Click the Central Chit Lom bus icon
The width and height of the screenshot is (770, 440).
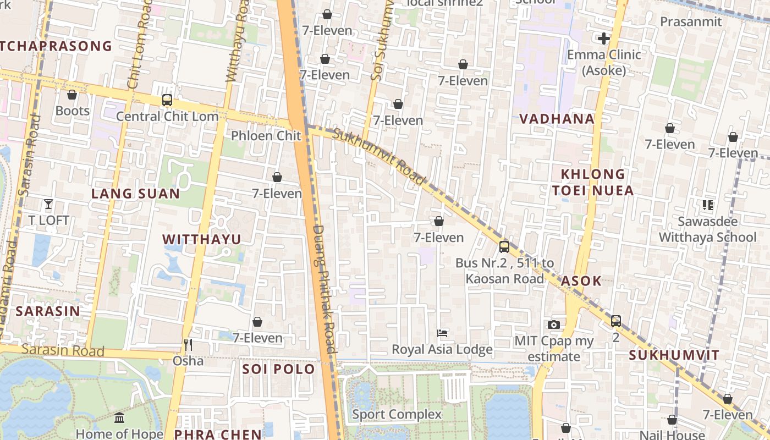pos(167,100)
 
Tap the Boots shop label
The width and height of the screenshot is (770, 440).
pos(72,111)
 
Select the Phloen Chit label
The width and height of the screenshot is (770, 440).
pos(266,135)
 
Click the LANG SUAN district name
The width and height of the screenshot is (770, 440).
pos(135,194)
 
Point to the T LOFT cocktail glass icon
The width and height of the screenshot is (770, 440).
pos(48,204)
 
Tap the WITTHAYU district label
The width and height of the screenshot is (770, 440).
pos(202,239)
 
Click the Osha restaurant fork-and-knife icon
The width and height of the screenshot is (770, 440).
pos(188,345)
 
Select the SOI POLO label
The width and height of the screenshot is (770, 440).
pos(278,369)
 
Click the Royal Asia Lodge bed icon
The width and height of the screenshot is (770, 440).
pos(442,333)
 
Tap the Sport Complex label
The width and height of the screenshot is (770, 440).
pos(397,414)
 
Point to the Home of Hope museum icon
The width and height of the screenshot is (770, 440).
pos(119,418)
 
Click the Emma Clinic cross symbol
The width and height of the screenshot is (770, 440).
pos(604,38)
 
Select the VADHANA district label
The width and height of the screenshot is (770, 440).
pos(557,119)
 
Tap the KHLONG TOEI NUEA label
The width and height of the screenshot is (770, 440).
pos(593,182)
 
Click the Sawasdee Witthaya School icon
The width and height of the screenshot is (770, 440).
pos(707,205)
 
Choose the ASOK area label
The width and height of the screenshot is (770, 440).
pos(581,281)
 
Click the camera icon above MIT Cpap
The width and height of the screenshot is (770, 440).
pos(554,324)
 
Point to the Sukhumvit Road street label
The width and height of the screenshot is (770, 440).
pos(379,157)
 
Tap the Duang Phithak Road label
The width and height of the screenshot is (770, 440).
pos(324,289)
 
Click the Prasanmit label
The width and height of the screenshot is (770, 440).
pos(691,21)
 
